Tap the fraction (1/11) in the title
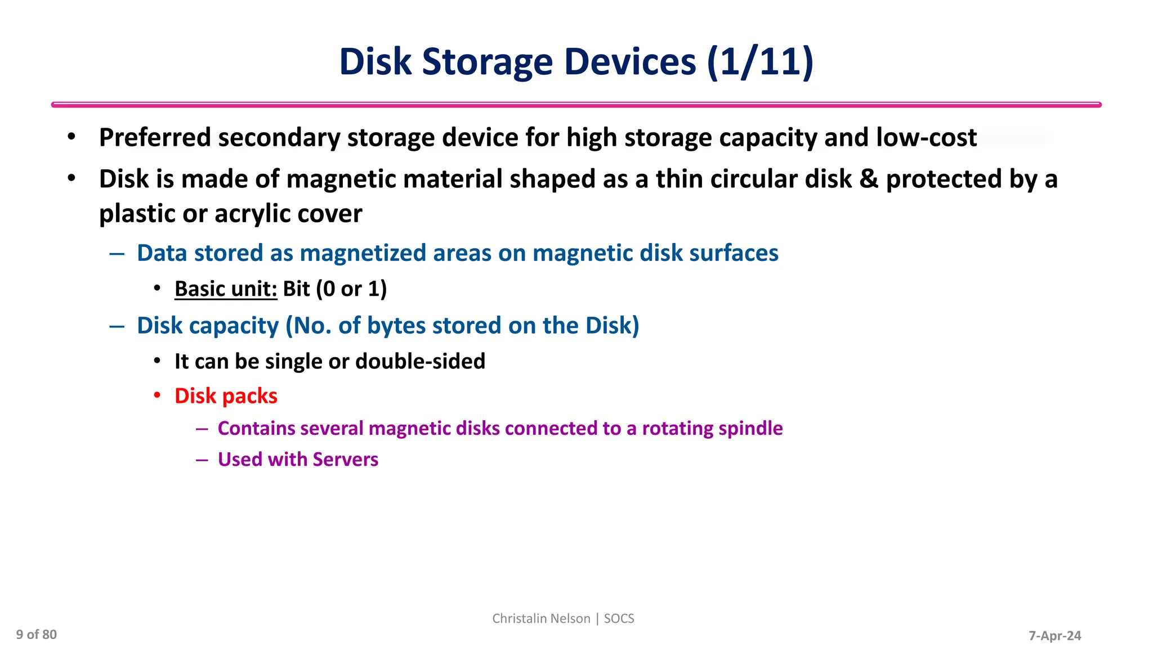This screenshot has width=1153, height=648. (760, 62)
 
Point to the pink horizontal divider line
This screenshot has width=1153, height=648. (576, 105)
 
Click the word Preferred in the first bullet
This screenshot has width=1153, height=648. (155, 138)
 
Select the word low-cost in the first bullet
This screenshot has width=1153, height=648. (926, 138)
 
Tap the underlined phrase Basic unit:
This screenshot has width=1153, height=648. (226, 289)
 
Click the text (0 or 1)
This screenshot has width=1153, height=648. (351, 289)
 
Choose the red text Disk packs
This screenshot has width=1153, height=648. (226, 396)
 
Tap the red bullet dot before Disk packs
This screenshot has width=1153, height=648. (158, 395)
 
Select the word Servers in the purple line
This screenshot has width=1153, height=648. (345, 460)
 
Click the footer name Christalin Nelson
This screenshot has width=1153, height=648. (541, 619)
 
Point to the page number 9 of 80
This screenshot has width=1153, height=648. (37, 635)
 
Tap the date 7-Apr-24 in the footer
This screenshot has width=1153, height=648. (1054, 636)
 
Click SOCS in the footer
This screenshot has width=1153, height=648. (619, 619)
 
